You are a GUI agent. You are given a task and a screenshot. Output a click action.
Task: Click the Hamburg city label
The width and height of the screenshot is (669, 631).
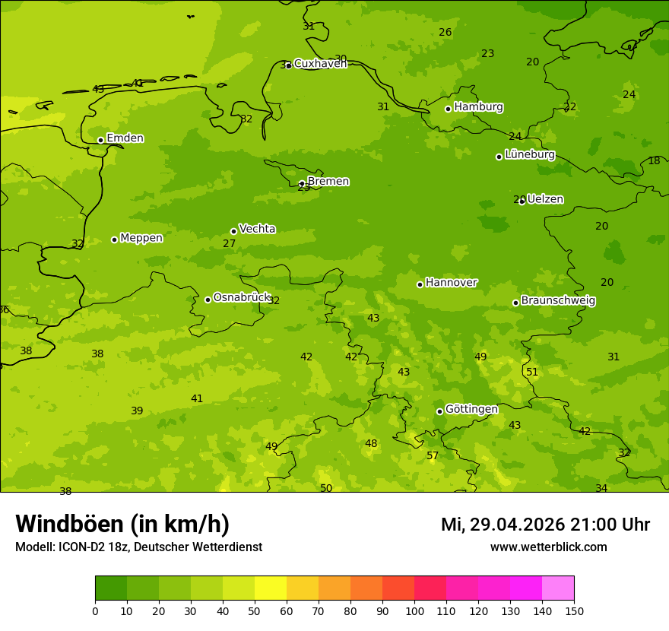[x=478, y=107]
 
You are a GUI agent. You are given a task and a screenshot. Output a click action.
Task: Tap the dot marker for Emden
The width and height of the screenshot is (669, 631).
[x=100, y=140]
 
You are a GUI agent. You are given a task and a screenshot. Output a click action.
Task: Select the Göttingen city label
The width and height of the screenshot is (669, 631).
[x=471, y=409]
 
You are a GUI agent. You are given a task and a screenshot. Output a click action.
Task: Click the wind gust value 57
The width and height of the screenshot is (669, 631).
[x=433, y=455]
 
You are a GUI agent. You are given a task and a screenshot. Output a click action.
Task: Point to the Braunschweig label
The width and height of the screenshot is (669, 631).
[x=558, y=301]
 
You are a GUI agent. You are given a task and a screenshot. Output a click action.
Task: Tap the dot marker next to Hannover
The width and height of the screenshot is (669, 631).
[x=420, y=284]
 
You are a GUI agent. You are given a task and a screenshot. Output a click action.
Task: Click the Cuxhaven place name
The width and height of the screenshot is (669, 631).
[x=320, y=63]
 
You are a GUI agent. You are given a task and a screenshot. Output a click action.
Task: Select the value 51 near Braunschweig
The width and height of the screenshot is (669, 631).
[x=532, y=372]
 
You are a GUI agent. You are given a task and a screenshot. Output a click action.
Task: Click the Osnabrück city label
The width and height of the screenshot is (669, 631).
[x=242, y=297]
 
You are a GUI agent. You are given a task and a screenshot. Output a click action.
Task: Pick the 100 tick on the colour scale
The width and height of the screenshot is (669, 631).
[x=414, y=610]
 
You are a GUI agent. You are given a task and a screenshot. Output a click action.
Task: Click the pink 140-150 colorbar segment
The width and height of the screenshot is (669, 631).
[x=558, y=588]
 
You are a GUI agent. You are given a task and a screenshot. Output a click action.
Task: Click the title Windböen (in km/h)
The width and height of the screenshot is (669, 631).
[x=122, y=524]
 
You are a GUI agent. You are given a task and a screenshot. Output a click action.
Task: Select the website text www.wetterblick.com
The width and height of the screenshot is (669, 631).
[x=548, y=547]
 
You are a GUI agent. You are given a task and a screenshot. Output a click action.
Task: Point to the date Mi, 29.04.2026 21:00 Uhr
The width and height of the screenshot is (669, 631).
[x=545, y=525]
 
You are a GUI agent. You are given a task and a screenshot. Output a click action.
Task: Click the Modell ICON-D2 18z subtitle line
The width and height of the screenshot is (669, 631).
[x=138, y=547]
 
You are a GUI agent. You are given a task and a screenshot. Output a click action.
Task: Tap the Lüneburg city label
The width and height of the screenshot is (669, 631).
[x=530, y=154]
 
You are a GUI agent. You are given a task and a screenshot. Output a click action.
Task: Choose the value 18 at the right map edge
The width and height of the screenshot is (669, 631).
[x=654, y=160]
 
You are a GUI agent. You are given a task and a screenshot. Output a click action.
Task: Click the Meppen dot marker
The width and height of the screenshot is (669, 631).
[x=114, y=239]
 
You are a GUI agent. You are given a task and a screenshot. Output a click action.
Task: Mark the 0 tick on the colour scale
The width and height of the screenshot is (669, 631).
[x=95, y=610]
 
